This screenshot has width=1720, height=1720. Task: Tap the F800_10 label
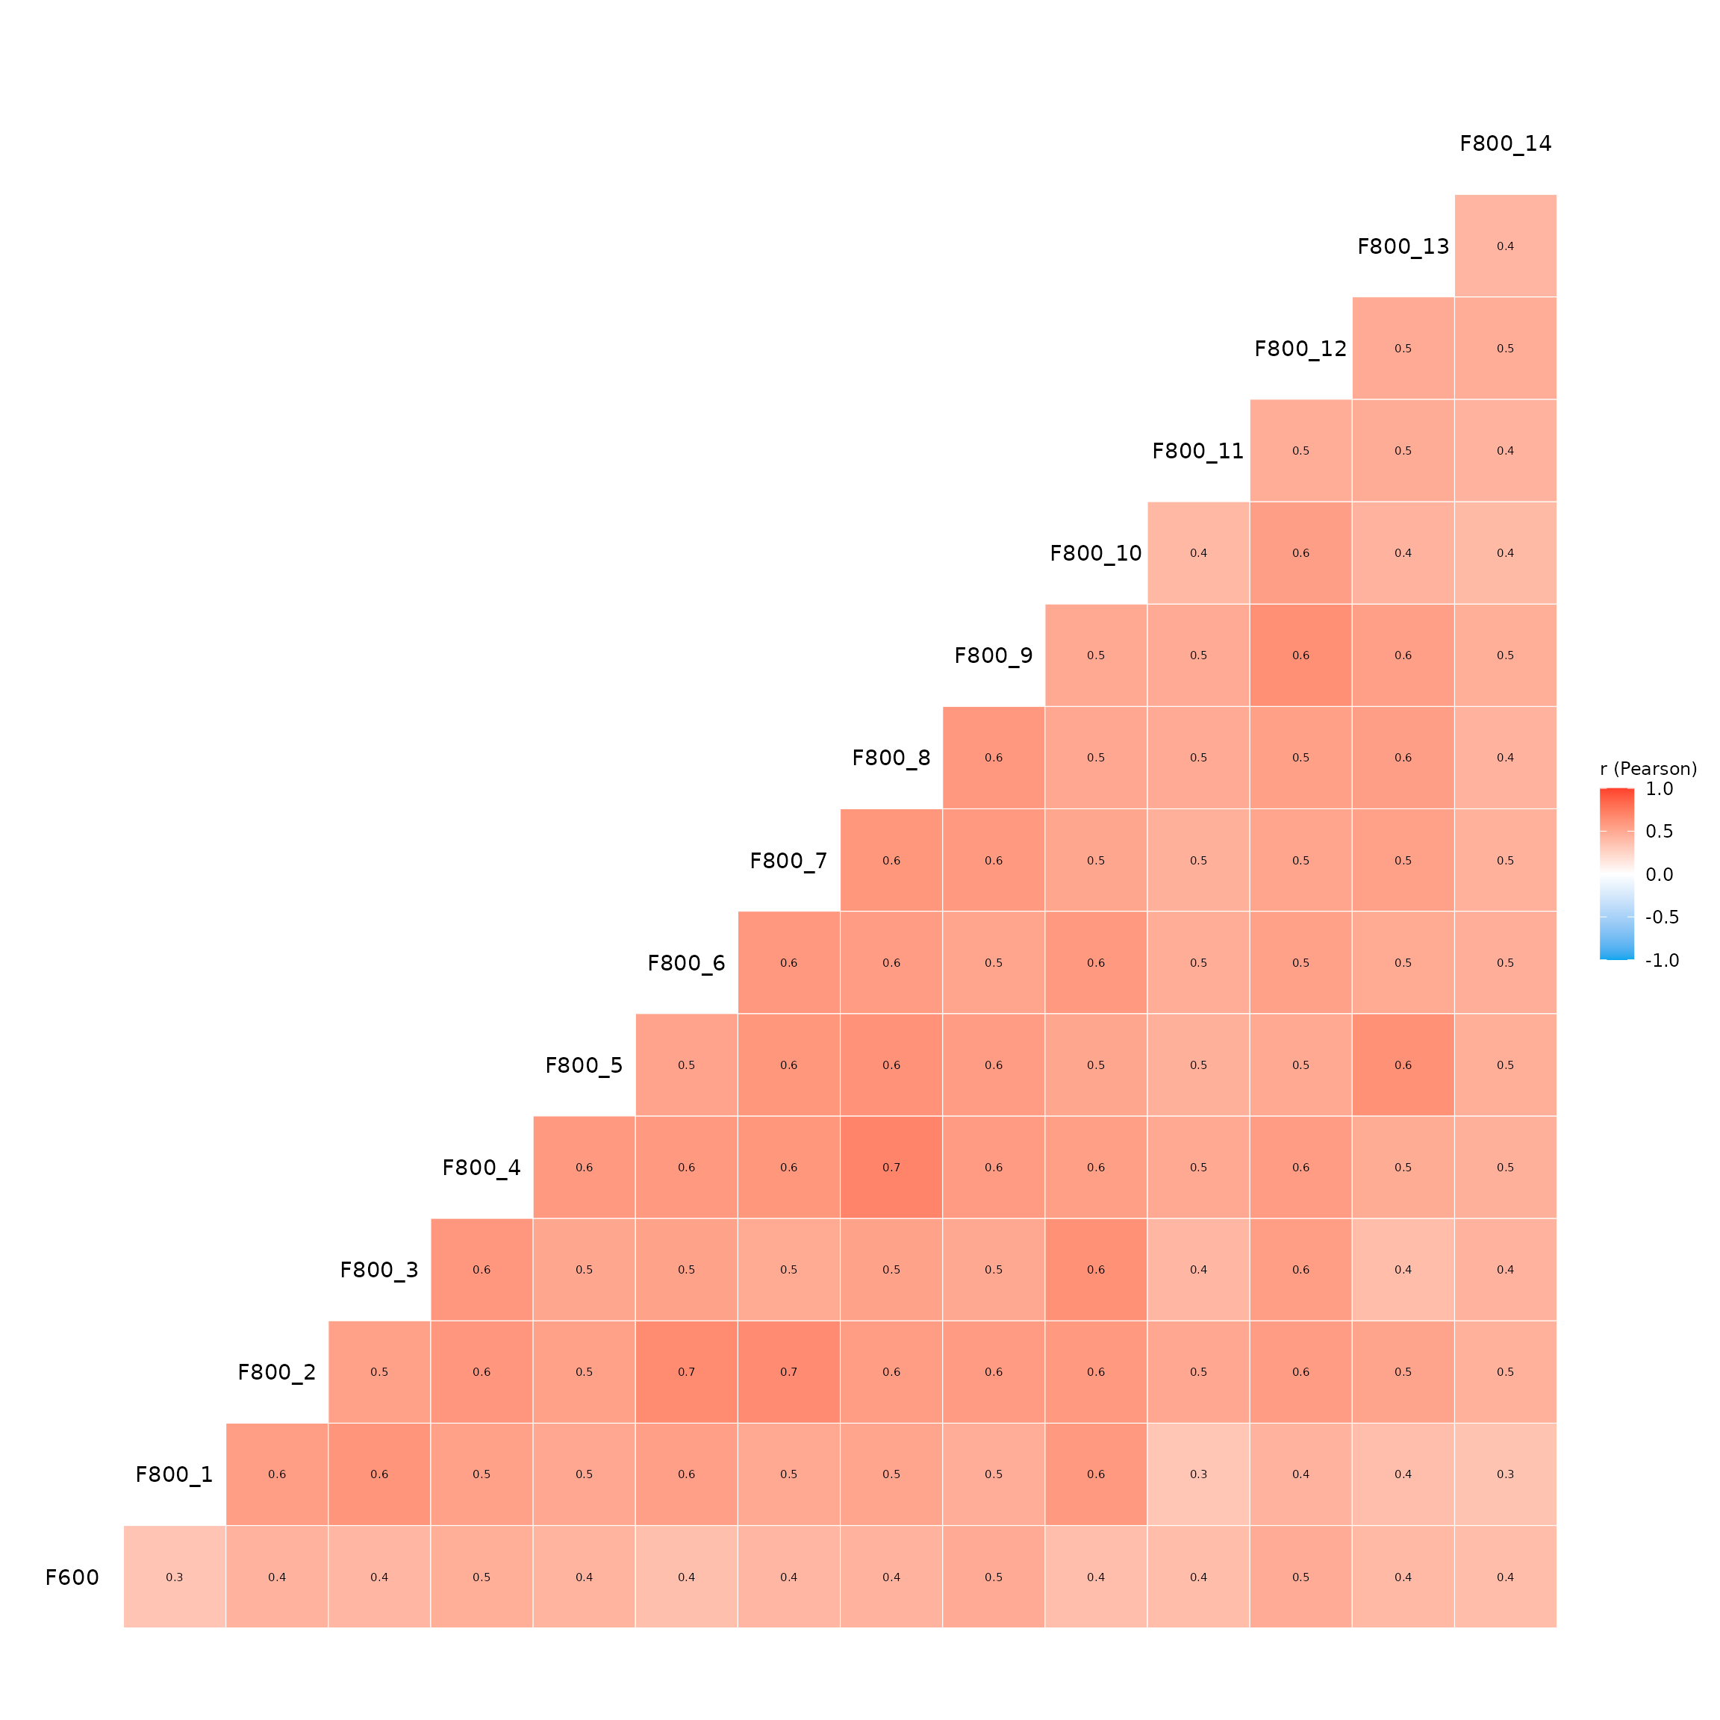[x=1095, y=554]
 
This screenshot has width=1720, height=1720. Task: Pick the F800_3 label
[x=378, y=1271]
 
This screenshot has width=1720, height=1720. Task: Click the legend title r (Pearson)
[x=1648, y=769]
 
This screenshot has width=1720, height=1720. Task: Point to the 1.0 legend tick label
[x=1659, y=790]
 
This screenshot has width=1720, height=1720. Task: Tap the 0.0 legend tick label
[x=1659, y=875]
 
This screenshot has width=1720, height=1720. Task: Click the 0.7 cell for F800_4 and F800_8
[x=891, y=1167]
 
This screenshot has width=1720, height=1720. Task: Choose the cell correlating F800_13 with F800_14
[x=1506, y=246]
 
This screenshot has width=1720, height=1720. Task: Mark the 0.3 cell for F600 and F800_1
[x=175, y=1577]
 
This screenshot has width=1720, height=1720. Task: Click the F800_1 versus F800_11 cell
[x=1198, y=1474]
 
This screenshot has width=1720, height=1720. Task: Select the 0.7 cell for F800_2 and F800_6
[x=686, y=1372]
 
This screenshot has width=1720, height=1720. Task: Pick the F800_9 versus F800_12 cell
[x=1300, y=655]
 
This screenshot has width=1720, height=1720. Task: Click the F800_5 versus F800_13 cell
[x=1403, y=1065]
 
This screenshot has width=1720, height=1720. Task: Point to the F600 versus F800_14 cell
[x=1506, y=1577]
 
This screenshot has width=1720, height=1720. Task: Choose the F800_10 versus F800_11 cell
[x=1198, y=553]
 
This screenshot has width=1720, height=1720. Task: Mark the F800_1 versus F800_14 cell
[x=1506, y=1474]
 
